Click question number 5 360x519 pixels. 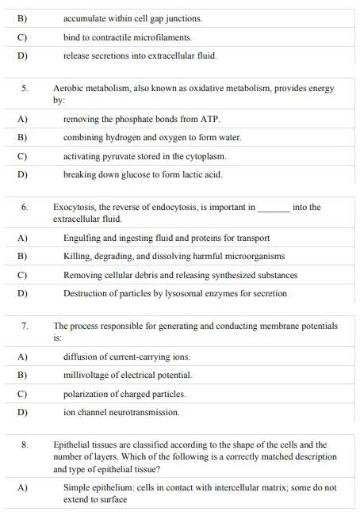click(25, 89)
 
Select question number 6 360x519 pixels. click(25, 208)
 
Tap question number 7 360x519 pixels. click(25, 326)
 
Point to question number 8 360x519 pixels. click(25, 445)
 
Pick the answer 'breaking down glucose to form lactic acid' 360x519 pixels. click(143, 174)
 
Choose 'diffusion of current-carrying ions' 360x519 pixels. click(127, 357)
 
